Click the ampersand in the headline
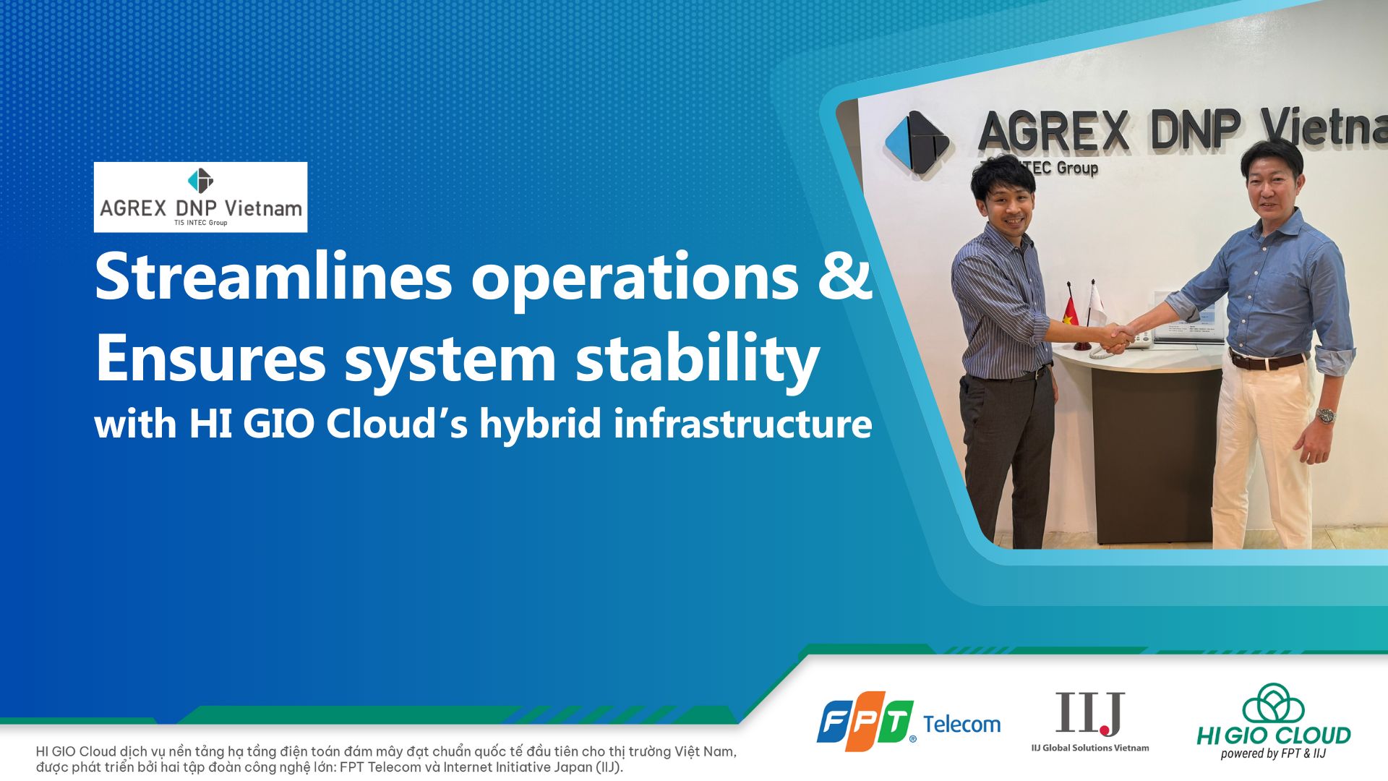(x=845, y=276)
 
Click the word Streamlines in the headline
(x=273, y=276)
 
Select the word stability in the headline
(x=698, y=359)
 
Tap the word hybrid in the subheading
(x=540, y=424)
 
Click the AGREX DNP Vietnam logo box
(x=200, y=197)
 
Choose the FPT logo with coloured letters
(x=865, y=721)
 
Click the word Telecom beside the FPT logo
(x=961, y=724)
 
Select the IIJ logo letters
(x=1090, y=713)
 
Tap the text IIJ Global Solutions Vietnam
(x=1090, y=748)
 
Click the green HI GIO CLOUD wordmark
(x=1274, y=735)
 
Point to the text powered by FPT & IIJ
(x=1274, y=754)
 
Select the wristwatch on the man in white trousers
(x=1326, y=415)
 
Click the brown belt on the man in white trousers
(x=1270, y=360)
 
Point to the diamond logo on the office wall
(x=917, y=142)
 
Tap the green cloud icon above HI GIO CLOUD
(x=1274, y=703)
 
